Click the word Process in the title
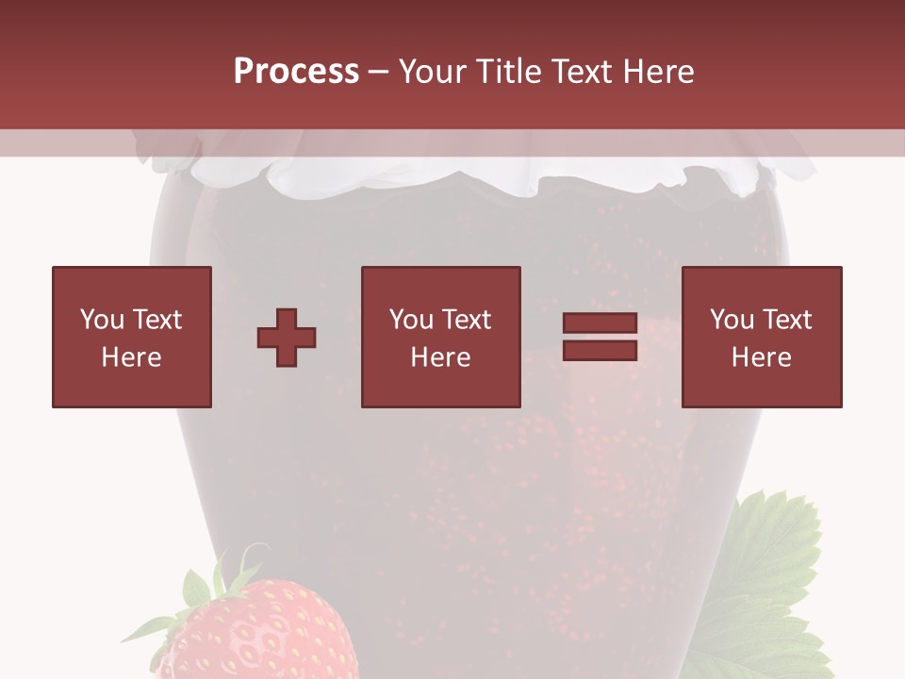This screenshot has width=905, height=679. point(296,72)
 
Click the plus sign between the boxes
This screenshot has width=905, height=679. point(287,338)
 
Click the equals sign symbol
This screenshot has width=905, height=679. point(600,337)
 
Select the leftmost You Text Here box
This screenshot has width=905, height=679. point(132,337)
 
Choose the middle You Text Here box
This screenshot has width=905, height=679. point(440,337)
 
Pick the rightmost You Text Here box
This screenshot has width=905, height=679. point(761,337)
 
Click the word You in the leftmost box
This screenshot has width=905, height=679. point(101,320)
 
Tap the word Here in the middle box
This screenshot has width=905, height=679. point(440,357)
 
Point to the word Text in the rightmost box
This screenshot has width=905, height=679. point(785,320)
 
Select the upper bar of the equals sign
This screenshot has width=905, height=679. point(600,324)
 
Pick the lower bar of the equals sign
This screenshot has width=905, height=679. point(600,350)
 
